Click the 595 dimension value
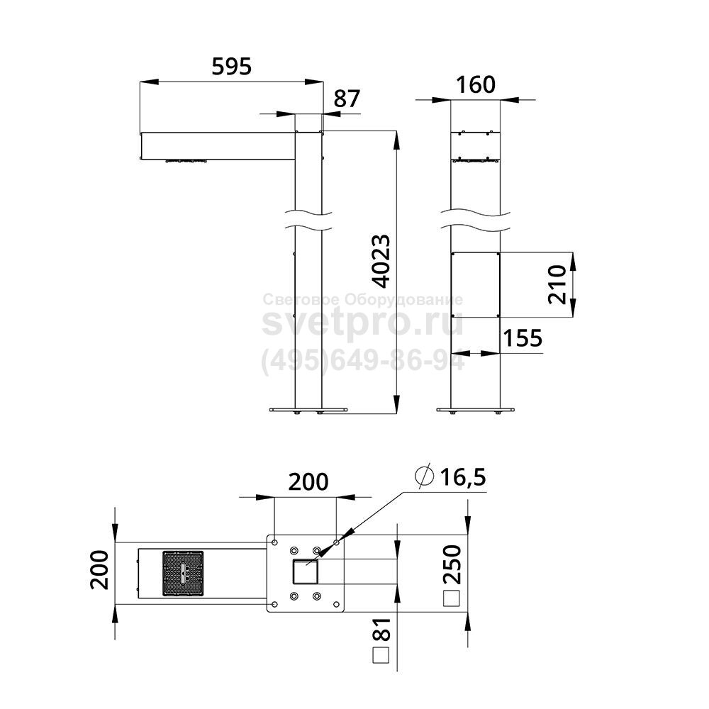[231, 67]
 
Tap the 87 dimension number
[347, 99]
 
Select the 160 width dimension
[476, 84]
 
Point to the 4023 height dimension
[381, 262]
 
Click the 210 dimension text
[557, 284]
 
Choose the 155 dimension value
[523, 337]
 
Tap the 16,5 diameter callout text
[463, 477]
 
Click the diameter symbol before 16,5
[425, 476]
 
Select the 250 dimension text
[452, 565]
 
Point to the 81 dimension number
[381, 630]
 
